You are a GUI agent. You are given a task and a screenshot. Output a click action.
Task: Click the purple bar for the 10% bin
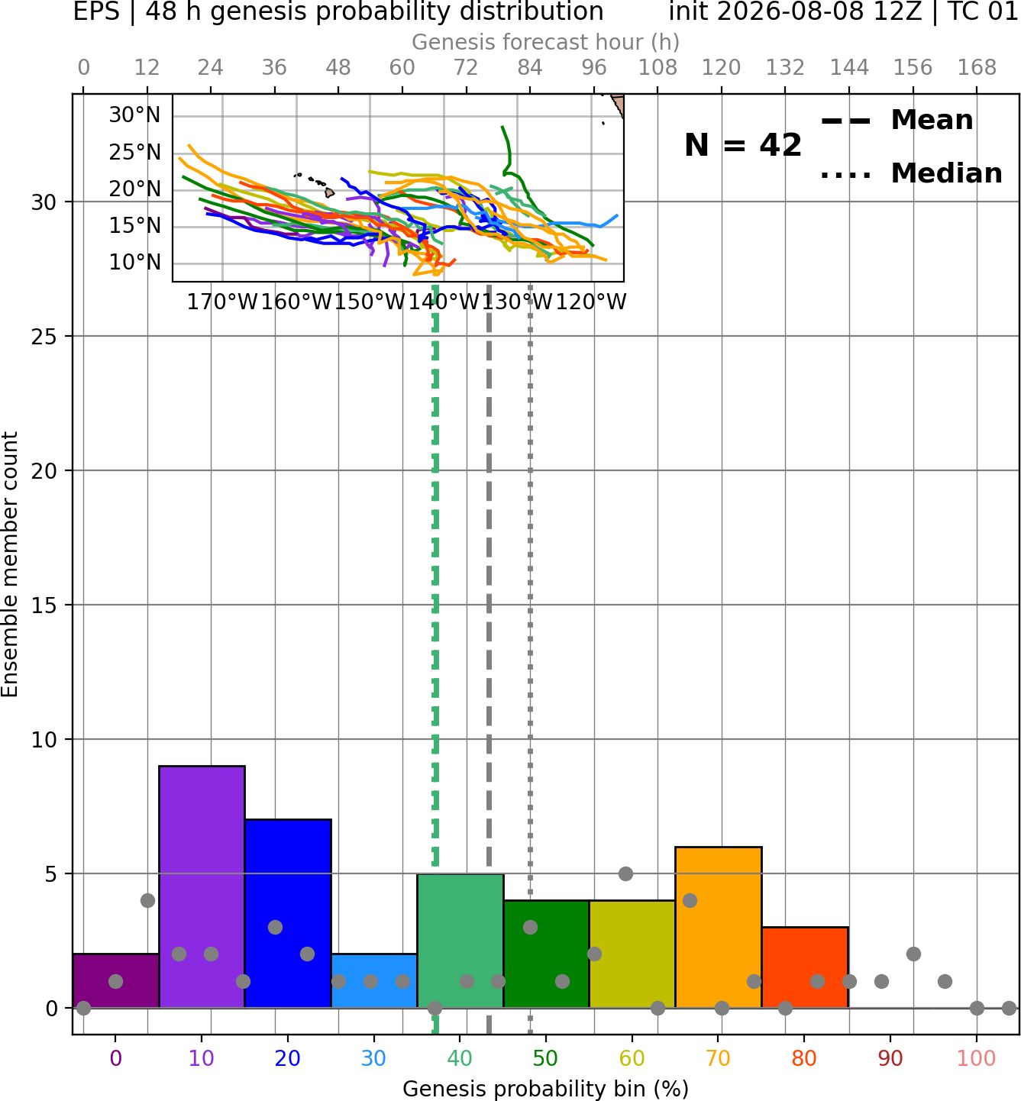click(x=202, y=886)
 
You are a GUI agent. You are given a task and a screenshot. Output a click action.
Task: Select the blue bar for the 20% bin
click(x=289, y=913)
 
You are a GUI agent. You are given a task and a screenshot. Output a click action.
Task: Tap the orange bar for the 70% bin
click(x=719, y=927)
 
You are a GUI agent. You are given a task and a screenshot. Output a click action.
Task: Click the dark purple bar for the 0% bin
click(x=116, y=980)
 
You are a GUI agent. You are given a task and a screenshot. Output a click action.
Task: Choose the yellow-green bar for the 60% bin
click(x=632, y=954)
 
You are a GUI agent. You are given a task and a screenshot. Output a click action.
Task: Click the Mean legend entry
click(x=897, y=121)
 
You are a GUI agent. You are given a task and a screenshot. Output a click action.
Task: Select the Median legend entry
click(x=911, y=173)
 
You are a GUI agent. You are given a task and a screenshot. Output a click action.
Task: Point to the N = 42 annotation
click(x=743, y=145)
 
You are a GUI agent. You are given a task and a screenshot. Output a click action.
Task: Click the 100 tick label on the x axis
click(x=977, y=1058)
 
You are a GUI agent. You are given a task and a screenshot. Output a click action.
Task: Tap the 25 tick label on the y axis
click(x=44, y=337)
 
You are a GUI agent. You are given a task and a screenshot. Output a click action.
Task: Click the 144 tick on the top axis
click(x=849, y=68)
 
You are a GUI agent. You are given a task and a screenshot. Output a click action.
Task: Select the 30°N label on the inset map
click(x=134, y=115)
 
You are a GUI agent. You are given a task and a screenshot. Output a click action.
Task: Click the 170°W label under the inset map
click(x=222, y=302)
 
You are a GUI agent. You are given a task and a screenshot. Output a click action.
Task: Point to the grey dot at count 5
click(x=625, y=873)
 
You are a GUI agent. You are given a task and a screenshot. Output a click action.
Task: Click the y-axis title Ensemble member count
click(x=10, y=564)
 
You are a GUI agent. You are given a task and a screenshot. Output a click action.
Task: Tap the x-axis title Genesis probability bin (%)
click(x=546, y=1090)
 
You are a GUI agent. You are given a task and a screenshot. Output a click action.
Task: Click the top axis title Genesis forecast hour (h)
click(x=546, y=42)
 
